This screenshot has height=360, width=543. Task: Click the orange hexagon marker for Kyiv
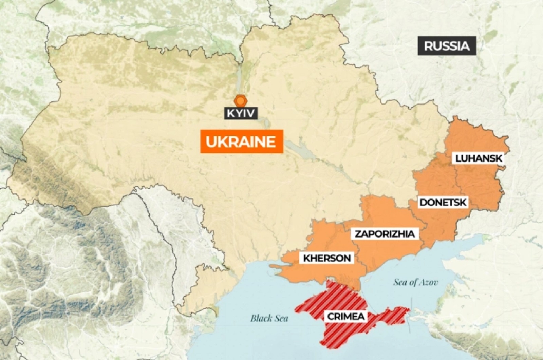click(x=241, y=101)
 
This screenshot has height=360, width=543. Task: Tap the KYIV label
click(x=241, y=113)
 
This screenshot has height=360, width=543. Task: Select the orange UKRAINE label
click(x=241, y=141)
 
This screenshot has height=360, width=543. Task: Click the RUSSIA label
click(x=447, y=46)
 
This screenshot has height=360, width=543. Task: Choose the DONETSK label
click(x=443, y=203)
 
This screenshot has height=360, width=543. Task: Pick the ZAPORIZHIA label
click(x=385, y=234)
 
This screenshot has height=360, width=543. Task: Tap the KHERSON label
click(x=327, y=258)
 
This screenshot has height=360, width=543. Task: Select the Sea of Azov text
click(x=416, y=282)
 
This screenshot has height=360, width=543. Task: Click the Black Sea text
click(x=269, y=318)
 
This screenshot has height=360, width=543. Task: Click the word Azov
click(x=428, y=282)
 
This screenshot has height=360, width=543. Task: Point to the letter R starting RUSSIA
click(x=429, y=46)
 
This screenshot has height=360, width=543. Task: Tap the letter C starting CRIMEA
click(x=330, y=317)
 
